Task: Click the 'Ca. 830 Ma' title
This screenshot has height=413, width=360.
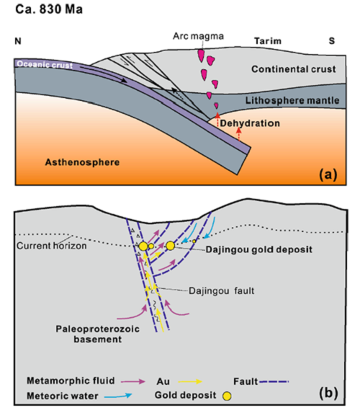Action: [x=49, y=9]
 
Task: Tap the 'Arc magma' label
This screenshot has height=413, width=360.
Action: [x=198, y=36]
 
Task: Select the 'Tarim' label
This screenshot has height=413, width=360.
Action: [x=268, y=41]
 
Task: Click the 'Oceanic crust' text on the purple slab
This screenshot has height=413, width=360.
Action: [x=45, y=65]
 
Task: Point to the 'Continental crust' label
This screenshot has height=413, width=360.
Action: [x=294, y=69]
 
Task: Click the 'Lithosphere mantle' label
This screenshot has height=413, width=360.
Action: [x=292, y=100]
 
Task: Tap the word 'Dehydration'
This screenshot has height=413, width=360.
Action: [x=250, y=123]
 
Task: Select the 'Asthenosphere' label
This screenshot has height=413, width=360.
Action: [x=82, y=162]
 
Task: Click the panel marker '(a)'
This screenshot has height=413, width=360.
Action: [x=328, y=174]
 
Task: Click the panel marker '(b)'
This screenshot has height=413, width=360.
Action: [x=328, y=393]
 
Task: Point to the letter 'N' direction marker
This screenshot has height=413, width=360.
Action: [x=18, y=41]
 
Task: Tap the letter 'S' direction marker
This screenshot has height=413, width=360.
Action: [x=332, y=41]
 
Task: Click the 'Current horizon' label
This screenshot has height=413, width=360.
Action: [x=52, y=246]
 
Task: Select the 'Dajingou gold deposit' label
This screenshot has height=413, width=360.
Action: [x=259, y=249]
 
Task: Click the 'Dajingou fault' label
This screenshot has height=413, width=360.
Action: [x=222, y=290]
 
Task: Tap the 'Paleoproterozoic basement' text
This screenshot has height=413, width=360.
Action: [x=98, y=334]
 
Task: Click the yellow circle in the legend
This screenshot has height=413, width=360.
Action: [x=227, y=396]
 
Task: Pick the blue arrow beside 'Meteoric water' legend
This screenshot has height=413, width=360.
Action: [x=118, y=396]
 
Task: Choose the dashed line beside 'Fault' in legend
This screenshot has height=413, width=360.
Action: [x=274, y=381]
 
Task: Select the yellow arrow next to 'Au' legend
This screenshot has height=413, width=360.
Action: [x=190, y=381]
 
